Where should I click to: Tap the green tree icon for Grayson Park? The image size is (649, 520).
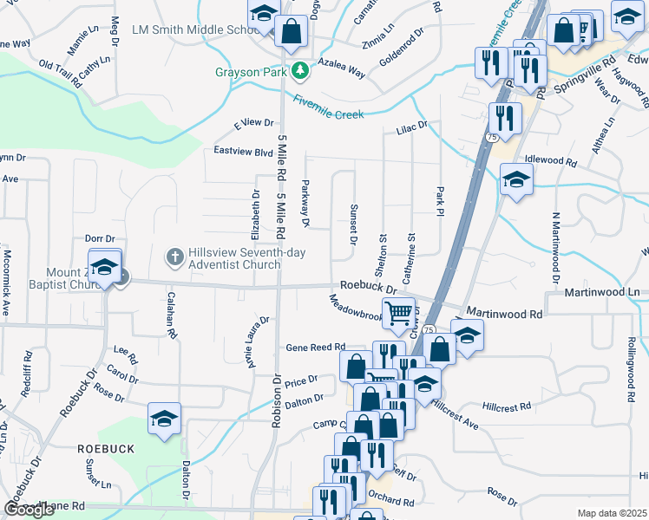[x=300, y=70]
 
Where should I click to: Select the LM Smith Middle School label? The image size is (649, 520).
[x=189, y=29]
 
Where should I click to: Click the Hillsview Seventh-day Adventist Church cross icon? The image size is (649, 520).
[x=174, y=257]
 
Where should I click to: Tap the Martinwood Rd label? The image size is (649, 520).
[x=504, y=310]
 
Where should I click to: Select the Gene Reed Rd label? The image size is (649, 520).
[x=316, y=347]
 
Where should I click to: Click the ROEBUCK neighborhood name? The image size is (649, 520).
[x=106, y=449]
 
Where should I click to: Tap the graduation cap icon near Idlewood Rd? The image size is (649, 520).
[x=516, y=180]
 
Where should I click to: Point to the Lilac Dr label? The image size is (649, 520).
[x=412, y=127]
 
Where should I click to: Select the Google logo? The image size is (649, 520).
[x=29, y=510]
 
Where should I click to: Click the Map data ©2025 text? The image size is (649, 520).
[x=612, y=513]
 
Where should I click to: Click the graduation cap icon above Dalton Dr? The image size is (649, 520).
[x=164, y=419]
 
